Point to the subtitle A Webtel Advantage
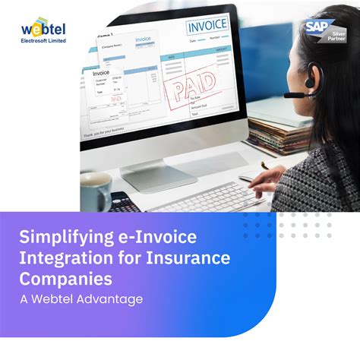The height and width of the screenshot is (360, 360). click(81, 299)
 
